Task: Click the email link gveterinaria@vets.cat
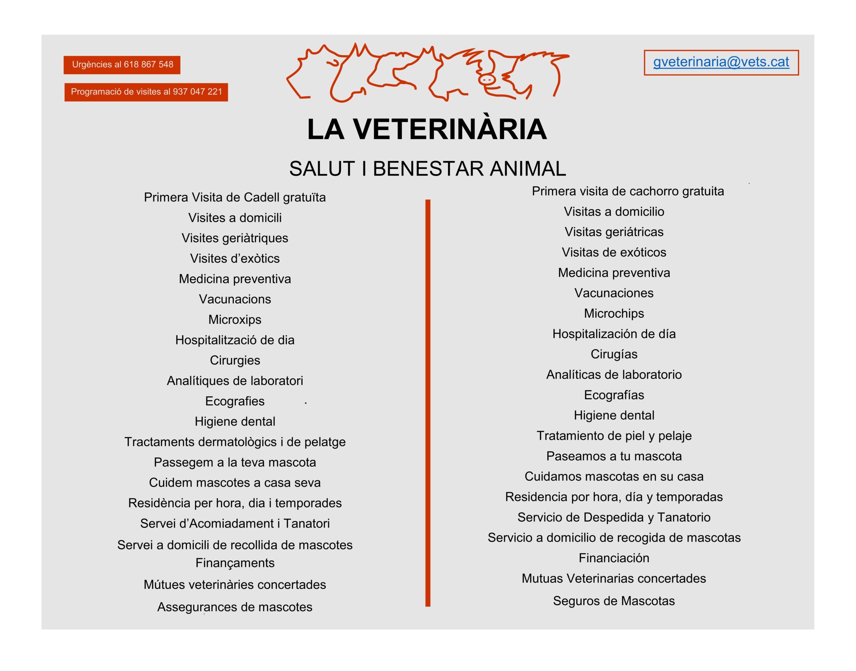[x=721, y=62]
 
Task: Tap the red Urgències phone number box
[x=122, y=65]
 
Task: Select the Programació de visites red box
[x=146, y=92]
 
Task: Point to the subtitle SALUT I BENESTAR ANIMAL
[x=427, y=169]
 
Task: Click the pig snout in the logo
[x=487, y=80]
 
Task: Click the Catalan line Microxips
[x=235, y=319]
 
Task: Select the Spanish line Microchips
[x=614, y=313]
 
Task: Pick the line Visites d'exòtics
[x=235, y=259]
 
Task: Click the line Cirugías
[x=614, y=354]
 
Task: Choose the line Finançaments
[x=235, y=563]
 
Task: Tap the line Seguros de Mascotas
[x=614, y=601]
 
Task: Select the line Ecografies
[x=235, y=401]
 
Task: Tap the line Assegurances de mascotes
[x=235, y=607]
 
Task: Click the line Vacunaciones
[x=614, y=293]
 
